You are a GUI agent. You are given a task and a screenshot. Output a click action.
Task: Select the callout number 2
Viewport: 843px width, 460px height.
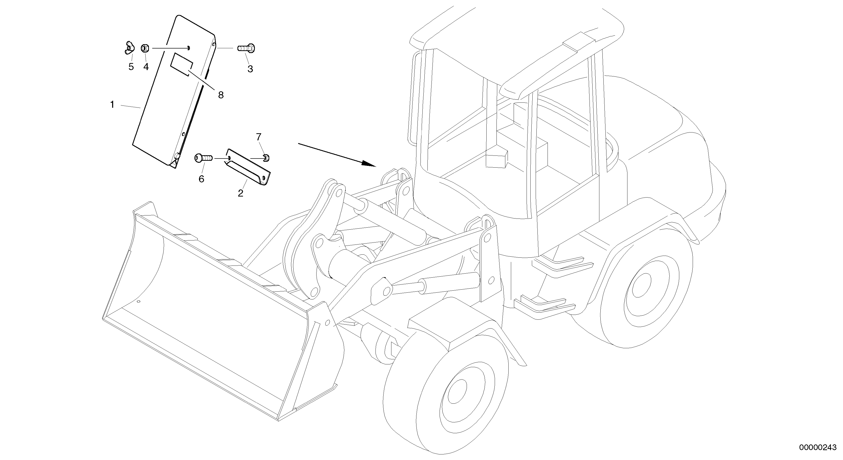241,193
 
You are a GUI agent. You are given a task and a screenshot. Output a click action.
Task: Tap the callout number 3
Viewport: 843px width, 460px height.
250,69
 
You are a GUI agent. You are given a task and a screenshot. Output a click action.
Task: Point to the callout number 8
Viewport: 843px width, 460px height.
221,95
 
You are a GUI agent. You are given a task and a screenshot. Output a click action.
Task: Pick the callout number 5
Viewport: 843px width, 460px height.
131,67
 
